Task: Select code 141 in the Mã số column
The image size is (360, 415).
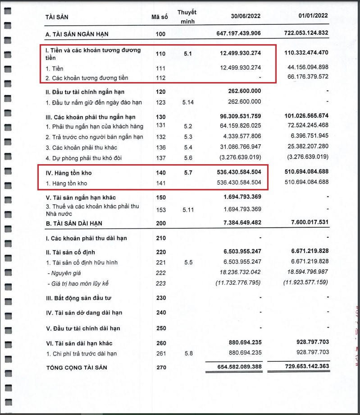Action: click(x=161, y=183)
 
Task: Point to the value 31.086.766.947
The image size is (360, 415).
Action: click(x=237, y=147)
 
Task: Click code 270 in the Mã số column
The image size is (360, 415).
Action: click(x=161, y=368)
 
